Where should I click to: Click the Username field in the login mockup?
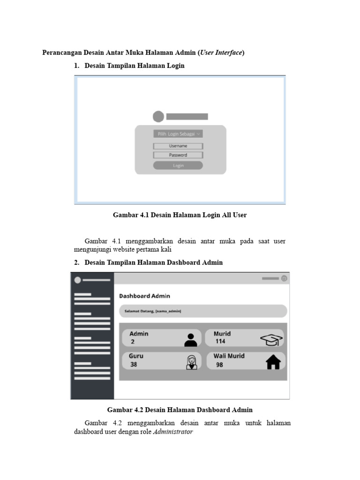point(178,146)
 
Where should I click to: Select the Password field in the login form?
point(178,155)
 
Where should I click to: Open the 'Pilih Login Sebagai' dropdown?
point(178,134)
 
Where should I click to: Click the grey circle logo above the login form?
point(158,117)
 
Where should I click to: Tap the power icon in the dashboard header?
point(284,278)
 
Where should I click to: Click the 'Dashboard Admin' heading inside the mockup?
point(144,296)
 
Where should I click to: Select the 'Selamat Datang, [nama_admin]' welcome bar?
point(202,311)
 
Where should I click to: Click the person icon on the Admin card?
point(191,339)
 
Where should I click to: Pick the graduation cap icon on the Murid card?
point(271,339)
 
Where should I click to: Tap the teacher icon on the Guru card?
point(191,362)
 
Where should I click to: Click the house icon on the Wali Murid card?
point(273,362)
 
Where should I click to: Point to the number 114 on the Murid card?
point(220,342)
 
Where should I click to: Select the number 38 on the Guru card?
point(134,364)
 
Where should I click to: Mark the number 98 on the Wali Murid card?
point(219,365)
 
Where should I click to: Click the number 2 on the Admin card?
point(133,342)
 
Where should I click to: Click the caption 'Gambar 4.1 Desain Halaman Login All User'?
point(180,215)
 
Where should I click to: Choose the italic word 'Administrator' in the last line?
point(172,432)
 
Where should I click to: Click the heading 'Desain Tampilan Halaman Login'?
point(135,66)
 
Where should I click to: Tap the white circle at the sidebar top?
point(78,280)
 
